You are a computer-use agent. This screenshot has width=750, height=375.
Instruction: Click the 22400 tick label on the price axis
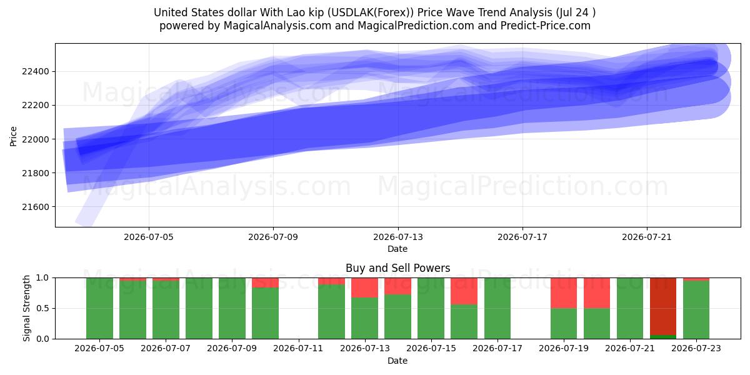click(36, 71)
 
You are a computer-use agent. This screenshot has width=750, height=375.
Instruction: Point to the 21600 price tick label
click(36, 207)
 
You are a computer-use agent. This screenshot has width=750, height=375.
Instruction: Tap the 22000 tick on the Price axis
click(36, 139)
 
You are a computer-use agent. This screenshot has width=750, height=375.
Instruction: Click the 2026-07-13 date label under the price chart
click(398, 237)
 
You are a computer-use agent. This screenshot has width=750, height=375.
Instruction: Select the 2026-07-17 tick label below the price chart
click(522, 237)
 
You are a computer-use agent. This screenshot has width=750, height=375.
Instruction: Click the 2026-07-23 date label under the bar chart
click(696, 348)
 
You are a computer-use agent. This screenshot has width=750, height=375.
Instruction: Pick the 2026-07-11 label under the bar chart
click(298, 348)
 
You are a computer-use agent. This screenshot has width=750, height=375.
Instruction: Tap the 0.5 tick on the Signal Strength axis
click(42, 308)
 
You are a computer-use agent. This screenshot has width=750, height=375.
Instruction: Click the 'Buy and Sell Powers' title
click(397, 268)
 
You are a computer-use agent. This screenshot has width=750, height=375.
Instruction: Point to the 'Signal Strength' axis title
click(26, 308)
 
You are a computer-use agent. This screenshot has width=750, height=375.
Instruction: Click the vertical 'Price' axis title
click(13, 136)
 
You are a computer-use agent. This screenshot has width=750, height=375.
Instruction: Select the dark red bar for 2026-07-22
click(663, 306)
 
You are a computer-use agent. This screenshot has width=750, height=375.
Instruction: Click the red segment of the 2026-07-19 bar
click(564, 293)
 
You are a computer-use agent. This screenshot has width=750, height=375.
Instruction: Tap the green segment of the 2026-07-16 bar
click(464, 321)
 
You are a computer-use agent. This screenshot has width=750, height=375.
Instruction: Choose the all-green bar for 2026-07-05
click(99, 308)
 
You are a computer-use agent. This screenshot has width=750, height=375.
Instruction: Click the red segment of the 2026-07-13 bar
click(364, 287)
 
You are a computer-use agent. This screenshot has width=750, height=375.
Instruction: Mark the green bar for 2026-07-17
click(497, 308)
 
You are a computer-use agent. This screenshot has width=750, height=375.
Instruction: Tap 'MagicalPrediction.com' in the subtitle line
click(416, 26)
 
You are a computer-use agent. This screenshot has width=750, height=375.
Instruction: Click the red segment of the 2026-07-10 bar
click(265, 282)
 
